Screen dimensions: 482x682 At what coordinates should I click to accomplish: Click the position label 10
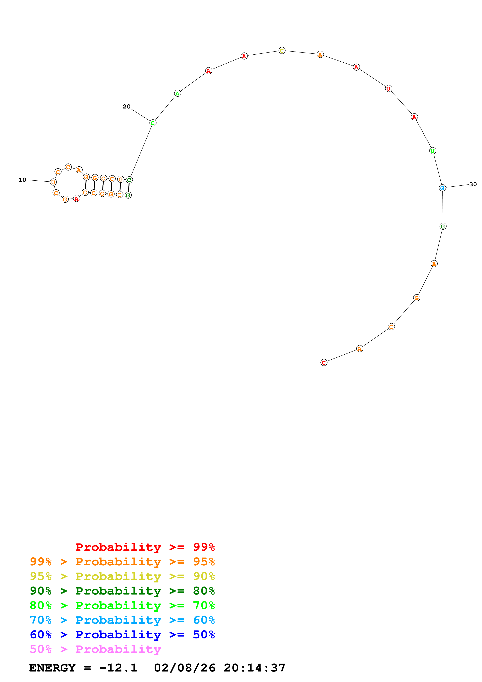click(x=22, y=180)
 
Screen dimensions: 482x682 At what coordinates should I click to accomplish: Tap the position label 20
click(x=127, y=106)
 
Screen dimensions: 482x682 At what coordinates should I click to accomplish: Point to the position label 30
click(x=473, y=184)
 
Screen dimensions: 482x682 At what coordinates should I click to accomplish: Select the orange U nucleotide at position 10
click(x=53, y=182)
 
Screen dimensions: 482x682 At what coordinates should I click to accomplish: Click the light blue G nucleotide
click(x=442, y=188)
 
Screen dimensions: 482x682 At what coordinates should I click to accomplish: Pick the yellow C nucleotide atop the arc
click(x=282, y=51)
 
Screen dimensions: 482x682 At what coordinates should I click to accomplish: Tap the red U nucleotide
click(x=388, y=88)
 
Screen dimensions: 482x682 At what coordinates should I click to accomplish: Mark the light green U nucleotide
click(x=433, y=151)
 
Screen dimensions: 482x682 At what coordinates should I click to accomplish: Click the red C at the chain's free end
click(x=324, y=362)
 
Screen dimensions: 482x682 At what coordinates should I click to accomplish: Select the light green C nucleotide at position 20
click(x=153, y=123)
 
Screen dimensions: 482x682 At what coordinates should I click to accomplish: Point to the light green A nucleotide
click(x=177, y=93)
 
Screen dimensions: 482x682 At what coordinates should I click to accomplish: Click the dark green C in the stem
click(x=129, y=180)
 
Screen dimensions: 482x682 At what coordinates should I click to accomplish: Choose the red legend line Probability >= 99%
click(x=145, y=547)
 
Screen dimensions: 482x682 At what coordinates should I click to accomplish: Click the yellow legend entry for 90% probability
click(x=122, y=576)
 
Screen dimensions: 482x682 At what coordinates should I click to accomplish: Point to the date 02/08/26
click(x=185, y=668)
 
